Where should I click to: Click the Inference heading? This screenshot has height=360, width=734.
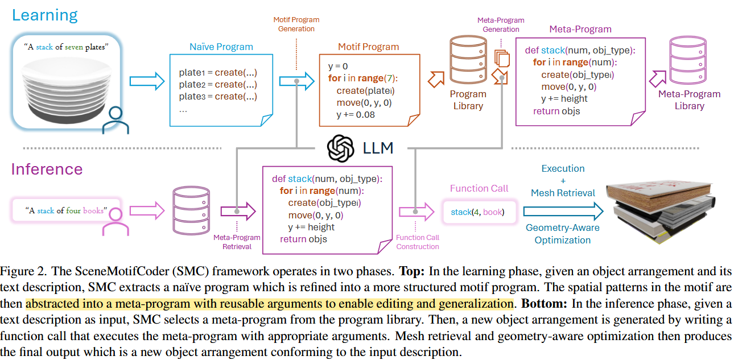coord(47,169)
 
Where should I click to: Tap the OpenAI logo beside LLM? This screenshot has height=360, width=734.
coord(341,148)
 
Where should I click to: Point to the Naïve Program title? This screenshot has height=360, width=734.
coord(221,47)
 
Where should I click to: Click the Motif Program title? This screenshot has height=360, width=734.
coord(369,47)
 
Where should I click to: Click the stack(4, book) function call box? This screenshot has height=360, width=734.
coord(477,212)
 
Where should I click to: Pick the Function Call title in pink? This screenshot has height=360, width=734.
coord(479,188)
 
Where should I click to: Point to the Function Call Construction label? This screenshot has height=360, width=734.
coord(418,242)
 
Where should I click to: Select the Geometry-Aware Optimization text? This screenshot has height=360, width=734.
coord(563,234)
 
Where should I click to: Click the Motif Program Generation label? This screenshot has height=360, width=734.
coord(296,24)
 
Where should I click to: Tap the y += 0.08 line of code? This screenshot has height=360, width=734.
coord(355,115)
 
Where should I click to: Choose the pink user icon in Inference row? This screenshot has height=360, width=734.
coord(112,222)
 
